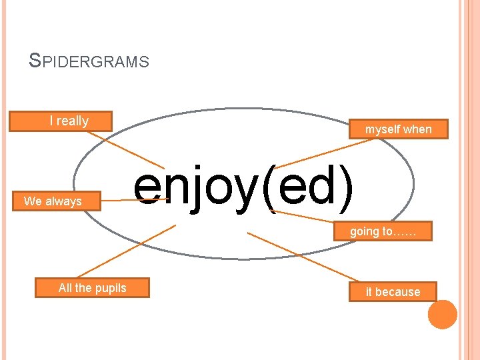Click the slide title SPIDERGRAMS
tap(89, 62)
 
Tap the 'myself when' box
tap(398, 129)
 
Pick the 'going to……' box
tap(382, 231)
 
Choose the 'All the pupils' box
tap(92, 288)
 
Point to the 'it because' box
tap(393, 292)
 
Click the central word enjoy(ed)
tap(243, 186)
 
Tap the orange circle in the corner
tap(443, 314)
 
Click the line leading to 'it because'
tap(303, 257)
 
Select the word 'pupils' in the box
tap(111, 288)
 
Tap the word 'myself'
tap(382, 129)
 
